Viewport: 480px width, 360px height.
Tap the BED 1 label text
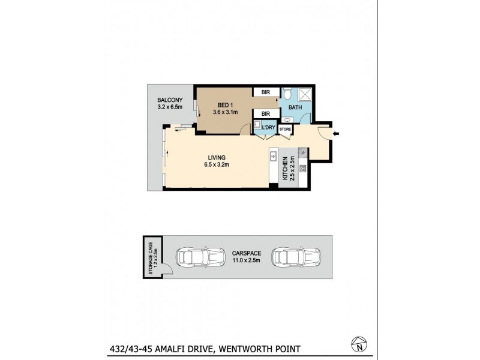tap(227, 104)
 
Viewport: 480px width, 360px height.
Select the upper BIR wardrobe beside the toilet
tap(265, 92)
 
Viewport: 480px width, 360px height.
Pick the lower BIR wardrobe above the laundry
tap(265, 113)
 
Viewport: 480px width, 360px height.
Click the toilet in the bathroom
tap(287, 94)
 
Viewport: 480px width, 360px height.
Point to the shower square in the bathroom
tap(305, 94)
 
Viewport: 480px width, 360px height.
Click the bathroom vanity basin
tap(286, 119)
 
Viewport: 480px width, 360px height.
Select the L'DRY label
tap(267, 128)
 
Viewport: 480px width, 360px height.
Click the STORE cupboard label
tap(286, 129)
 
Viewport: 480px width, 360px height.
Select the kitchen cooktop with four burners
tap(302, 169)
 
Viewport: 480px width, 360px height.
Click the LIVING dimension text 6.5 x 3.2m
tap(217, 164)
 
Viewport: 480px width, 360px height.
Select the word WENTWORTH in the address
tap(244, 349)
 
